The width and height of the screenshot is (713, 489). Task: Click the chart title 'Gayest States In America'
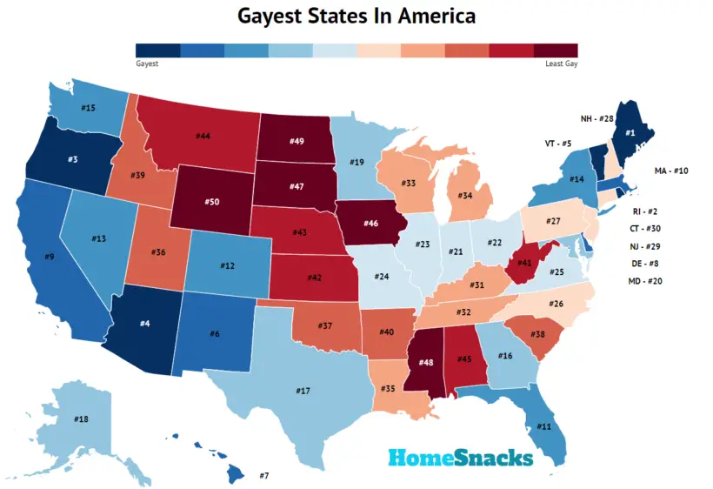coord(356,16)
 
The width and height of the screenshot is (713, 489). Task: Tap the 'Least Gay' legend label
coord(556,64)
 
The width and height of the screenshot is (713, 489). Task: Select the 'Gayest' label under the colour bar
coord(147,64)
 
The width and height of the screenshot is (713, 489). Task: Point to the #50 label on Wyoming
coord(211,202)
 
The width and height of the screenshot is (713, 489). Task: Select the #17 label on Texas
coord(303,391)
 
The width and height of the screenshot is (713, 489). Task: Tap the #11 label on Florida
coord(543,426)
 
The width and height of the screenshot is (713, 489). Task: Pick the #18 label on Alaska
coord(81,419)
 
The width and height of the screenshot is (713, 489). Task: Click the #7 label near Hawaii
coord(264,475)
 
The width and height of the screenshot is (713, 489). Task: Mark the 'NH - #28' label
coord(597,117)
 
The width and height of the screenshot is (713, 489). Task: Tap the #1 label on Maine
coord(630,132)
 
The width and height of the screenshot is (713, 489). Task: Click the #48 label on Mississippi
coord(426,362)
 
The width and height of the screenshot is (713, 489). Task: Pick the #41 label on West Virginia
coord(524,262)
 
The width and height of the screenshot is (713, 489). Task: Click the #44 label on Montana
coord(203,136)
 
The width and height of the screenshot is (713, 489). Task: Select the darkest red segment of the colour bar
coord(556,50)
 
